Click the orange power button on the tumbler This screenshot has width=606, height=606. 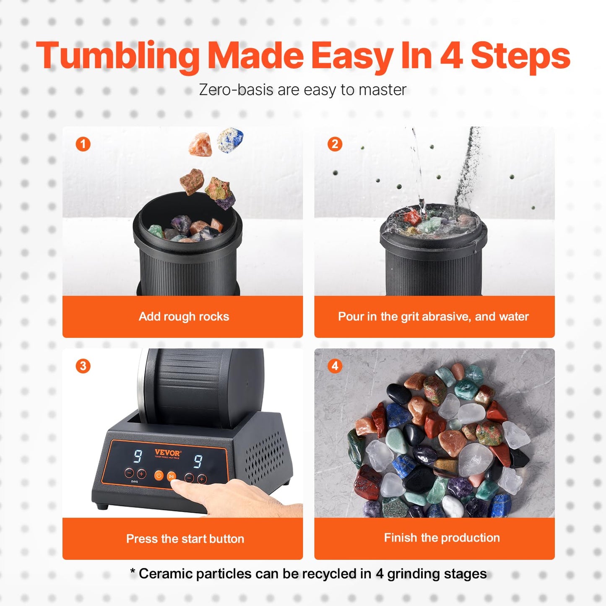(159, 476)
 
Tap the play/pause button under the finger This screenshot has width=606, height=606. (172, 476)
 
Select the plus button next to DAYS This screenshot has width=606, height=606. (142, 474)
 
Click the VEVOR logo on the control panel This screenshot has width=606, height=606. (167, 453)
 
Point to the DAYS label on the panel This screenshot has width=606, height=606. (134, 482)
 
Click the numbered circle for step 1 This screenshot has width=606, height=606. (83, 144)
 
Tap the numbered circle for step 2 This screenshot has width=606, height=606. (335, 144)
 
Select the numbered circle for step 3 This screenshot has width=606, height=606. (83, 366)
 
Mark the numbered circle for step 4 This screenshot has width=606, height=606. (335, 366)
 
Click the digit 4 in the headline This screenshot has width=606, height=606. (451, 56)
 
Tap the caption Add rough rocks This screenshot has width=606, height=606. (184, 317)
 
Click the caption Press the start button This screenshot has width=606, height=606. (185, 539)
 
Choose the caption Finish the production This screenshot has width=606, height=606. (442, 538)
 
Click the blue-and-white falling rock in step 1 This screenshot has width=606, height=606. (230, 140)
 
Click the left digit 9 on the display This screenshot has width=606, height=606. (138, 456)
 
